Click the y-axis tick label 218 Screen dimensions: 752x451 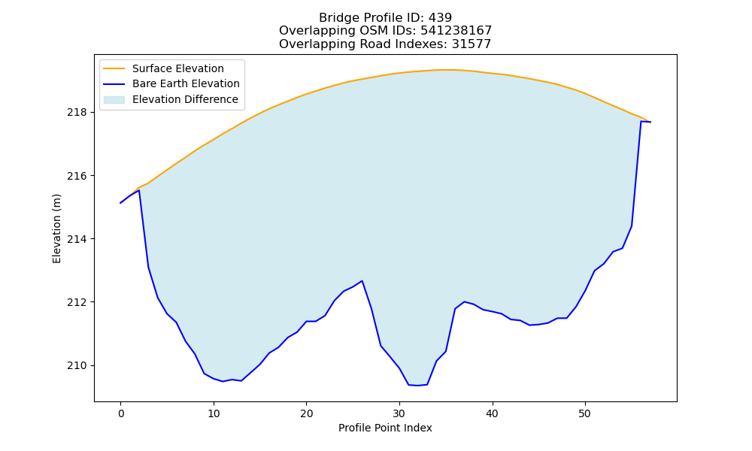point(77,113)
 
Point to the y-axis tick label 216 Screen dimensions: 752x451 point(77,176)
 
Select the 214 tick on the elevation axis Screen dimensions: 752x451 point(77,239)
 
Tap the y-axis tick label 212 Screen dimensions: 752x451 point(77,302)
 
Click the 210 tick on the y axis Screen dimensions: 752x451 point(77,366)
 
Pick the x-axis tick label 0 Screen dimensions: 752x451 point(121,413)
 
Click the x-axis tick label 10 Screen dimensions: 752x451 point(214,413)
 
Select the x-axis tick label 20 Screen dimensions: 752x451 point(307,413)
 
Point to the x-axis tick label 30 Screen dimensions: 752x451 point(399,413)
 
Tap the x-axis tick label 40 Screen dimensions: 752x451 point(492,413)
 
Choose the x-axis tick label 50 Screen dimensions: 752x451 point(584,413)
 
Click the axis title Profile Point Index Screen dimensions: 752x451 point(385,428)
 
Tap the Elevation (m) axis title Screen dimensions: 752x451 point(57,229)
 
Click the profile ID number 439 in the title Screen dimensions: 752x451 point(440,18)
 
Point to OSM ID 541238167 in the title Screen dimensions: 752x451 point(456,31)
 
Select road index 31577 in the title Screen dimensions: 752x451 point(472,44)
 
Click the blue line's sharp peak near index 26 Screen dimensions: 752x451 point(362,281)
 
